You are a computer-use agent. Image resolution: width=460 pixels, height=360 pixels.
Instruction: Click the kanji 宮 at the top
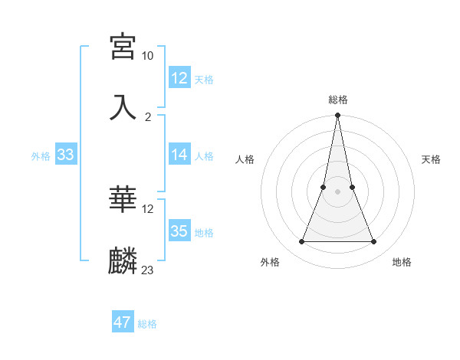123,47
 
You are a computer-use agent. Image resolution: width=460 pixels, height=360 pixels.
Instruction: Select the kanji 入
123,106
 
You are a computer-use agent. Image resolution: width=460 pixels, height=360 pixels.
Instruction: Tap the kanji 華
123,200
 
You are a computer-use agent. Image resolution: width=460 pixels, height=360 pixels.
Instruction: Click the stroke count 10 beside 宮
148,56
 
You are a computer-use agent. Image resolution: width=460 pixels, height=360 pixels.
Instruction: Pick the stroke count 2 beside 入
148,116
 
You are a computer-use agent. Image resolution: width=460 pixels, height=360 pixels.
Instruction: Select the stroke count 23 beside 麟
148,270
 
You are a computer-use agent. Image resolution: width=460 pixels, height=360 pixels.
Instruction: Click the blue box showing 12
179,78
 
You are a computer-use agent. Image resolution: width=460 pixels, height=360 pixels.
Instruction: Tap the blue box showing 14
179,155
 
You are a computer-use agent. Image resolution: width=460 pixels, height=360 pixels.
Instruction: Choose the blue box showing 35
179,231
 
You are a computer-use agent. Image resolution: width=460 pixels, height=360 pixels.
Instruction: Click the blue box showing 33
65,155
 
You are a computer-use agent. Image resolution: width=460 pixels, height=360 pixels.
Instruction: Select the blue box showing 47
123,322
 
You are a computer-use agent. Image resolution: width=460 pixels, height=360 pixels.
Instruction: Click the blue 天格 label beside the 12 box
204,80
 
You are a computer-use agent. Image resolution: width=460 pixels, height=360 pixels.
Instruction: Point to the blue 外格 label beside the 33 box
41,156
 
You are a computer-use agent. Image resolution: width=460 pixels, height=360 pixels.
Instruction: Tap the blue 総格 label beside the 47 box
147,324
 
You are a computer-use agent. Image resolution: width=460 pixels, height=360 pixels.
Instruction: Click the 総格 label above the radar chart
338,100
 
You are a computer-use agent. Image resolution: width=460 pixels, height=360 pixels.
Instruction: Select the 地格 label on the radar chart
402,262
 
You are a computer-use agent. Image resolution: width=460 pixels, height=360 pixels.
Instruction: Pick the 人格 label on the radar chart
245,159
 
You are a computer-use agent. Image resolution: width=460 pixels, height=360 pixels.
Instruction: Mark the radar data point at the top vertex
338,116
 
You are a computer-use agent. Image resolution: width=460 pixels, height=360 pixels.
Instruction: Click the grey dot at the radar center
338,191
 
